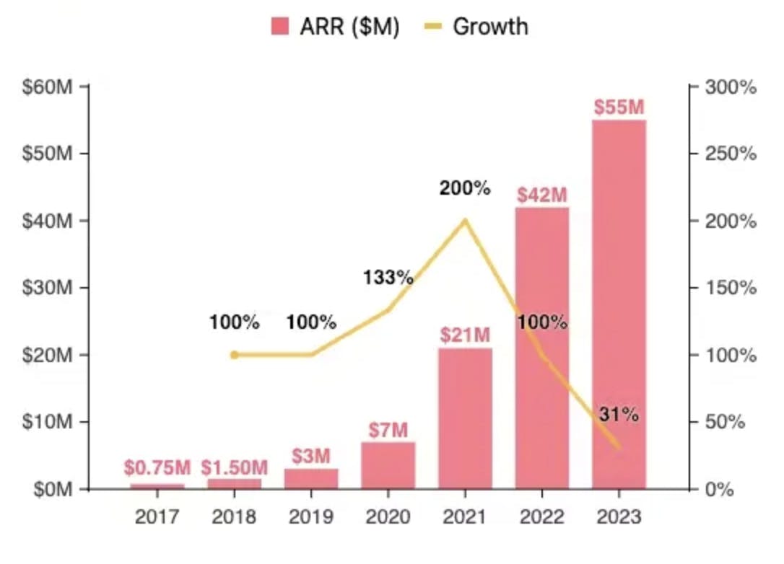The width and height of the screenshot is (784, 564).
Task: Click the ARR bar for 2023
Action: (x=619, y=303)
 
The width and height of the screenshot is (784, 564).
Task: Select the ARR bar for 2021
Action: (x=465, y=418)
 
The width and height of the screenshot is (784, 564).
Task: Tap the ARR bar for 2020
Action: (x=388, y=465)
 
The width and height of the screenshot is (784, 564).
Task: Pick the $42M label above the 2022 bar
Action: (x=541, y=195)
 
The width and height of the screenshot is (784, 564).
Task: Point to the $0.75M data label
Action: (x=157, y=468)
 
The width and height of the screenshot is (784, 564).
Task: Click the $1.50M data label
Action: (x=234, y=468)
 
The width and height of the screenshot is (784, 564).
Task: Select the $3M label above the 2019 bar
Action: (x=311, y=457)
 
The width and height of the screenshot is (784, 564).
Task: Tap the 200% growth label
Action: (x=465, y=189)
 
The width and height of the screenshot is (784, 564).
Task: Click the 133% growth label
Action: (x=388, y=277)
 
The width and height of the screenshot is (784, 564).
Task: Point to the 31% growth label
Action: (x=619, y=415)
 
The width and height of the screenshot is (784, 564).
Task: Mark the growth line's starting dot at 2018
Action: (x=234, y=355)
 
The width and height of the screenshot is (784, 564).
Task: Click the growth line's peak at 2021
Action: (x=465, y=221)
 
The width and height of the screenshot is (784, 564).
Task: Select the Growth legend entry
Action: (x=476, y=27)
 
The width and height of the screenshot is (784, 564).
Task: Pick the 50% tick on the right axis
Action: (x=726, y=422)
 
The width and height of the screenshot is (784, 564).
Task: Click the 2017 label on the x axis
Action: (x=157, y=517)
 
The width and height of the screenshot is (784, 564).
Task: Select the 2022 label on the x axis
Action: (x=541, y=517)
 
